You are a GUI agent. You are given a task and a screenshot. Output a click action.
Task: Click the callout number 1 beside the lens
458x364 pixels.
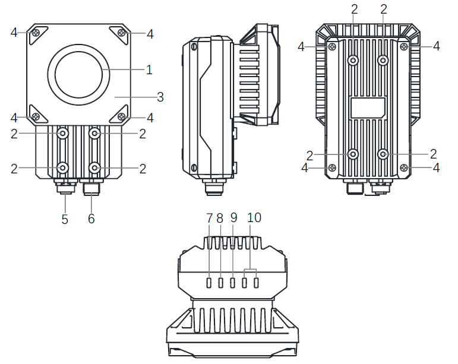click(149, 69)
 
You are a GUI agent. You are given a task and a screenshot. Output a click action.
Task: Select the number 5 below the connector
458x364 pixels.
click(65, 219)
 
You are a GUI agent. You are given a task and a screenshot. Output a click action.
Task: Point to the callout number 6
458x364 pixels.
click(91, 219)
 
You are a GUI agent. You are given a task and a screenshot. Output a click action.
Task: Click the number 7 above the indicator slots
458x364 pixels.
click(209, 218)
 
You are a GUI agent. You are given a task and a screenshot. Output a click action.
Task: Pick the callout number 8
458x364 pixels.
click(220, 218)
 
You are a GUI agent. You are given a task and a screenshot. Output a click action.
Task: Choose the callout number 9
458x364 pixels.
click(233, 218)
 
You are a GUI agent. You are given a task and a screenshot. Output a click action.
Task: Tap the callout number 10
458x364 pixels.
click(254, 218)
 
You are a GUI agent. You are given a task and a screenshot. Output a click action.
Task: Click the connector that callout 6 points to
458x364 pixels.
click(92, 188)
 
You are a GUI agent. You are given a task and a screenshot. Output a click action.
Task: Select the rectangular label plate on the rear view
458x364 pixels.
click(368, 107)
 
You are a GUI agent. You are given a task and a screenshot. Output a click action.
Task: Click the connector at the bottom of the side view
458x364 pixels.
click(211, 187)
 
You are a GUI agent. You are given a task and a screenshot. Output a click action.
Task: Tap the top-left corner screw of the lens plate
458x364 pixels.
click(36, 33)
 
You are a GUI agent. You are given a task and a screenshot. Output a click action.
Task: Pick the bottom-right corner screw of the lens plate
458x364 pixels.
click(121, 115)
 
